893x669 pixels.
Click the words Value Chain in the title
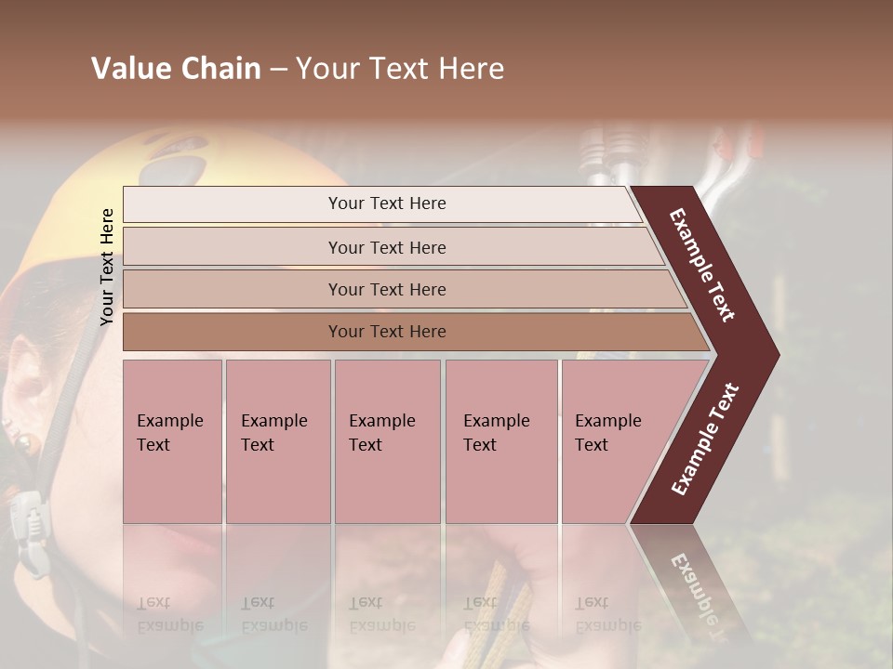pyautogui.click(x=176, y=69)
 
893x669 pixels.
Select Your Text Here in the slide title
pyautogui.click(x=400, y=69)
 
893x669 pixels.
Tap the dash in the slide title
pyautogui.click(x=278, y=70)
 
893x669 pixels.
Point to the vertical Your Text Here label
pyautogui.click(x=107, y=267)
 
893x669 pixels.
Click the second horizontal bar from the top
pyautogui.click(x=387, y=247)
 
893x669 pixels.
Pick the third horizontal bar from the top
pyautogui.click(x=387, y=289)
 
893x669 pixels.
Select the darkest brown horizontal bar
pyautogui.click(x=387, y=332)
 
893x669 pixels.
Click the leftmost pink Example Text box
pyautogui.click(x=172, y=441)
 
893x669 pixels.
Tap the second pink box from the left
pyautogui.click(x=277, y=441)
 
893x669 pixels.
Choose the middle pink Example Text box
pyautogui.click(x=387, y=441)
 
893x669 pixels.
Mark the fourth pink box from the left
pyautogui.click(x=501, y=441)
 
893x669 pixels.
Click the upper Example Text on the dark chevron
pyautogui.click(x=702, y=265)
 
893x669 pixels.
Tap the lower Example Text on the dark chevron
pyautogui.click(x=705, y=439)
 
